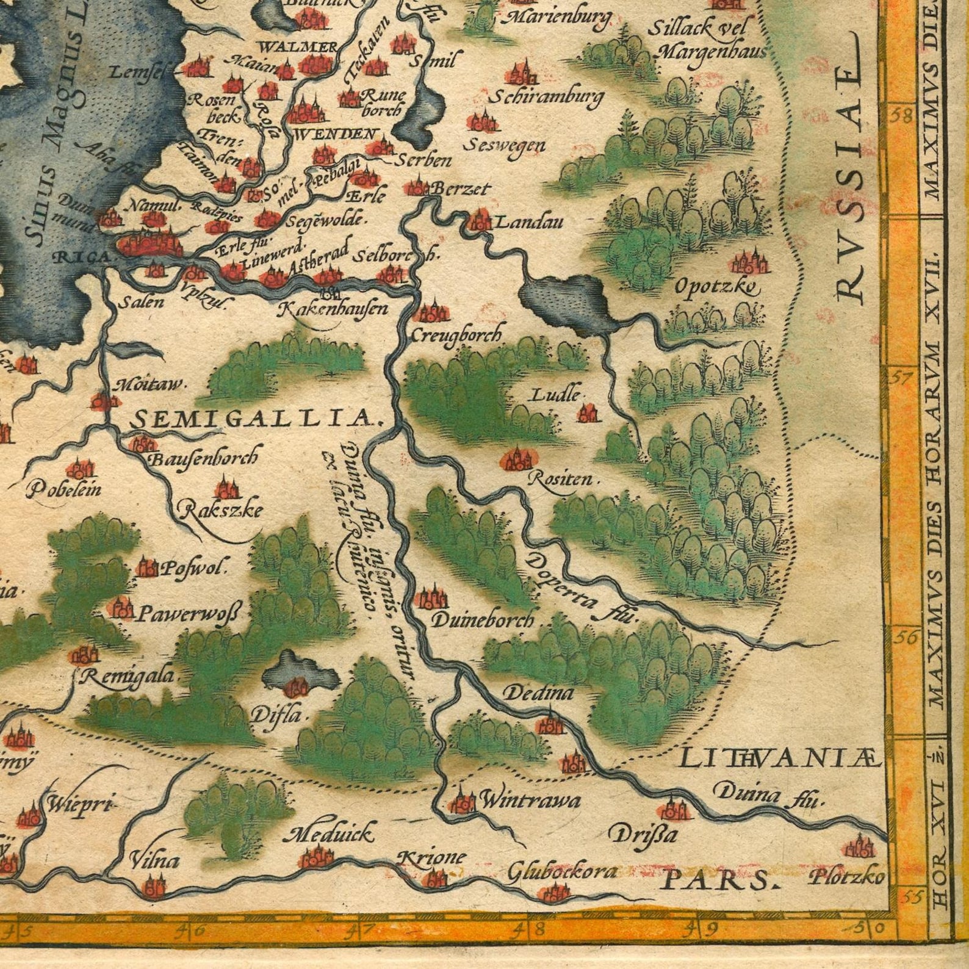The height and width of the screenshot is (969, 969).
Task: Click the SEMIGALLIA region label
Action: [255, 419]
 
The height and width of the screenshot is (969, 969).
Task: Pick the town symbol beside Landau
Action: [479, 220]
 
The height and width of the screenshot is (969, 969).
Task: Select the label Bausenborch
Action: [203, 457]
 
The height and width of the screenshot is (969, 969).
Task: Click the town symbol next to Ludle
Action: [588, 414]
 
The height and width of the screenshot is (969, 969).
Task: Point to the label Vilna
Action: [154, 861]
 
